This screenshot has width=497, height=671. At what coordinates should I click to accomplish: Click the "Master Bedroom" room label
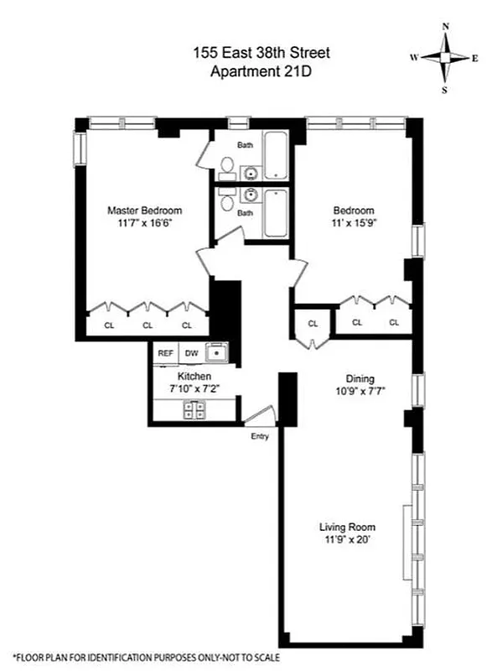coord(144,211)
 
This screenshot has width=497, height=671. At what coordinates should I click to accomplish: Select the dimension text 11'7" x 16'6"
coord(144,224)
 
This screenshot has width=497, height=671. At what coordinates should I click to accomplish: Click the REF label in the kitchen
coord(166,353)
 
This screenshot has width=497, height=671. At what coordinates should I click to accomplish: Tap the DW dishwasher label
coord(191,353)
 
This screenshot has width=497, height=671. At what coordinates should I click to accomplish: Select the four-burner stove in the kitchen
coord(195,409)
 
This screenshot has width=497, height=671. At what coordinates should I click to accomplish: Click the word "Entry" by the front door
coord(260,436)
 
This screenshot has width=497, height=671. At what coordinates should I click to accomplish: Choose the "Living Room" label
coord(344,527)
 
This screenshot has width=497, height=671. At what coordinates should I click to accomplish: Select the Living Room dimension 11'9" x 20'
coord(344,540)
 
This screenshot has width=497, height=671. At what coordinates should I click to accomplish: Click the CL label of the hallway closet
coord(313,323)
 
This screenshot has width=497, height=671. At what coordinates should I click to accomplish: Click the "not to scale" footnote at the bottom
coord(146,658)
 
